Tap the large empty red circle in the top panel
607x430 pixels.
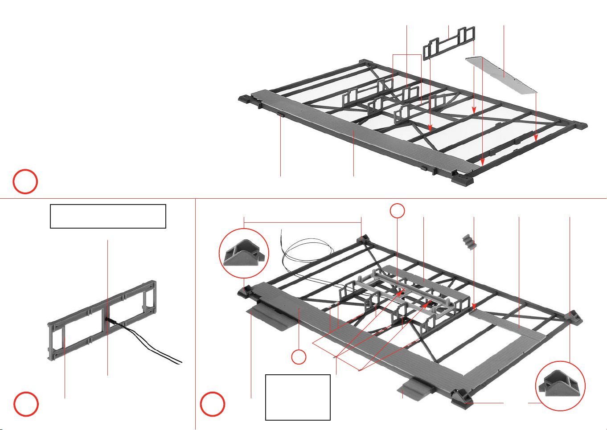pos(25,182)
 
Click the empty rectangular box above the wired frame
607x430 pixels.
pos(108,216)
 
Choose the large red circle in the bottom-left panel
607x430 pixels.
pos(26,404)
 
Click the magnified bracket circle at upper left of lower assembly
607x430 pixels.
pos(244,253)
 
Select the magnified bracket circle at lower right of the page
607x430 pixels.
pos(560,386)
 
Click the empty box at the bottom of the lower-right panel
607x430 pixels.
pos(298,397)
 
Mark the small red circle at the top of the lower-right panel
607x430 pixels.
pos(398,211)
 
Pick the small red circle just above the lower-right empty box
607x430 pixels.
pos(299,357)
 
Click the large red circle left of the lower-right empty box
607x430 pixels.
pos(212,404)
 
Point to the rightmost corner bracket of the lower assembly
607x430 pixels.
pos(574,317)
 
